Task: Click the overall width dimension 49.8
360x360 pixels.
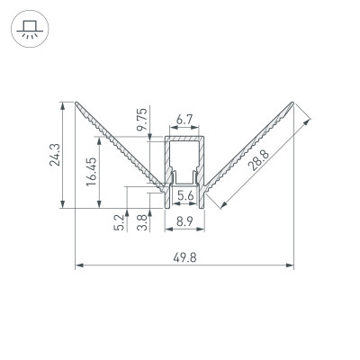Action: pyautogui.click(x=184, y=257)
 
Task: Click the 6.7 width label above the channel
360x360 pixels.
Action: pyautogui.click(x=184, y=118)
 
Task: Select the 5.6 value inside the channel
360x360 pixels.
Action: pyautogui.click(x=184, y=194)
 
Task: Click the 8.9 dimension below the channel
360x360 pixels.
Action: pyautogui.click(x=184, y=220)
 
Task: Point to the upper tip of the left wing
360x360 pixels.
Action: pyautogui.click(x=77, y=101)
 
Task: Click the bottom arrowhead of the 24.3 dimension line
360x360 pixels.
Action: pyautogui.click(x=63, y=207)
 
